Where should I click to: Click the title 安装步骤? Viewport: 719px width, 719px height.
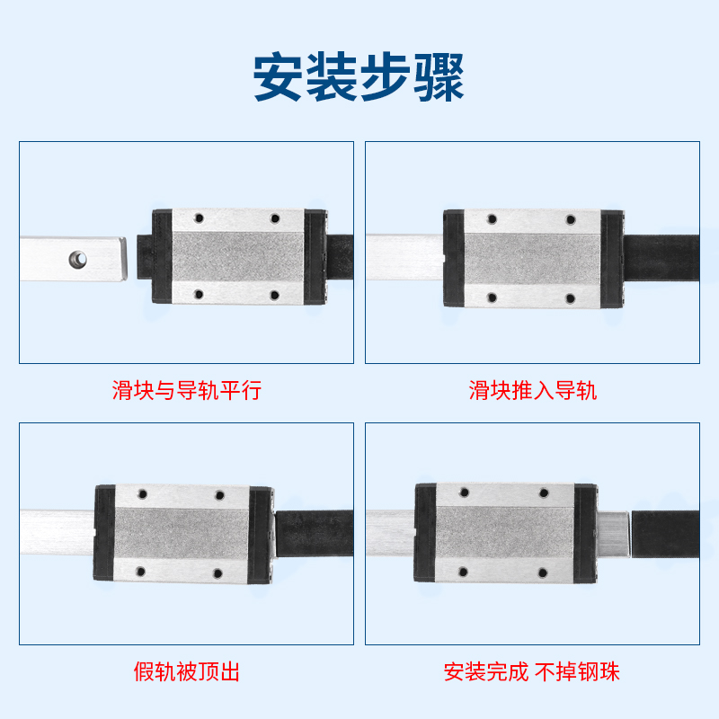(359, 79)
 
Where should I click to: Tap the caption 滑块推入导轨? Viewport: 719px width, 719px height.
(533, 390)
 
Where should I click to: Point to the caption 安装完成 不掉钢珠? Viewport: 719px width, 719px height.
(532, 671)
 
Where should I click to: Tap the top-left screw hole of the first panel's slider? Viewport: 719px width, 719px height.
(200, 218)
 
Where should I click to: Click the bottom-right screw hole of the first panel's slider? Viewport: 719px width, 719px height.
(275, 295)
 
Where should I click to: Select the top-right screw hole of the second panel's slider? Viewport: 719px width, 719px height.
(568, 218)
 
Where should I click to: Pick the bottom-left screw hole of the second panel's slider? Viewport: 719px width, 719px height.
(492, 297)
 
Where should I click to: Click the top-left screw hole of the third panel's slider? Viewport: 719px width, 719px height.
(141, 493)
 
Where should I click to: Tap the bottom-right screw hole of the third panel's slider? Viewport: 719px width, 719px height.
(217, 573)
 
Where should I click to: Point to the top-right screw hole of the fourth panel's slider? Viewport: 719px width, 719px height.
(544, 492)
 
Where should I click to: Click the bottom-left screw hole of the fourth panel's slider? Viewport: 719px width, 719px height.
(464, 571)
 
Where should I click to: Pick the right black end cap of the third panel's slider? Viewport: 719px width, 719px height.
(262, 533)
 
